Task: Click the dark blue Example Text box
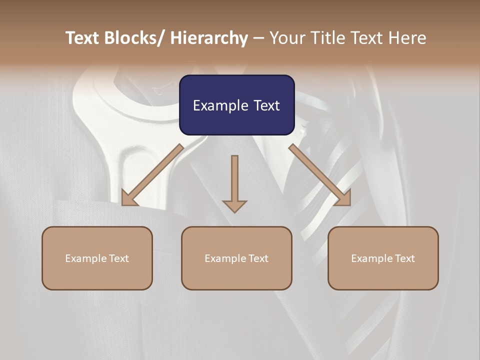click(236, 105)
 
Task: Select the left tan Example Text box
click(97, 258)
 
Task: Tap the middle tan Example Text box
click(236, 258)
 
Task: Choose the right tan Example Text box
click(383, 258)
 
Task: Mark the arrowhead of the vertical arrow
click(234, 205)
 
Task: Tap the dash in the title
click(258, 38)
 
